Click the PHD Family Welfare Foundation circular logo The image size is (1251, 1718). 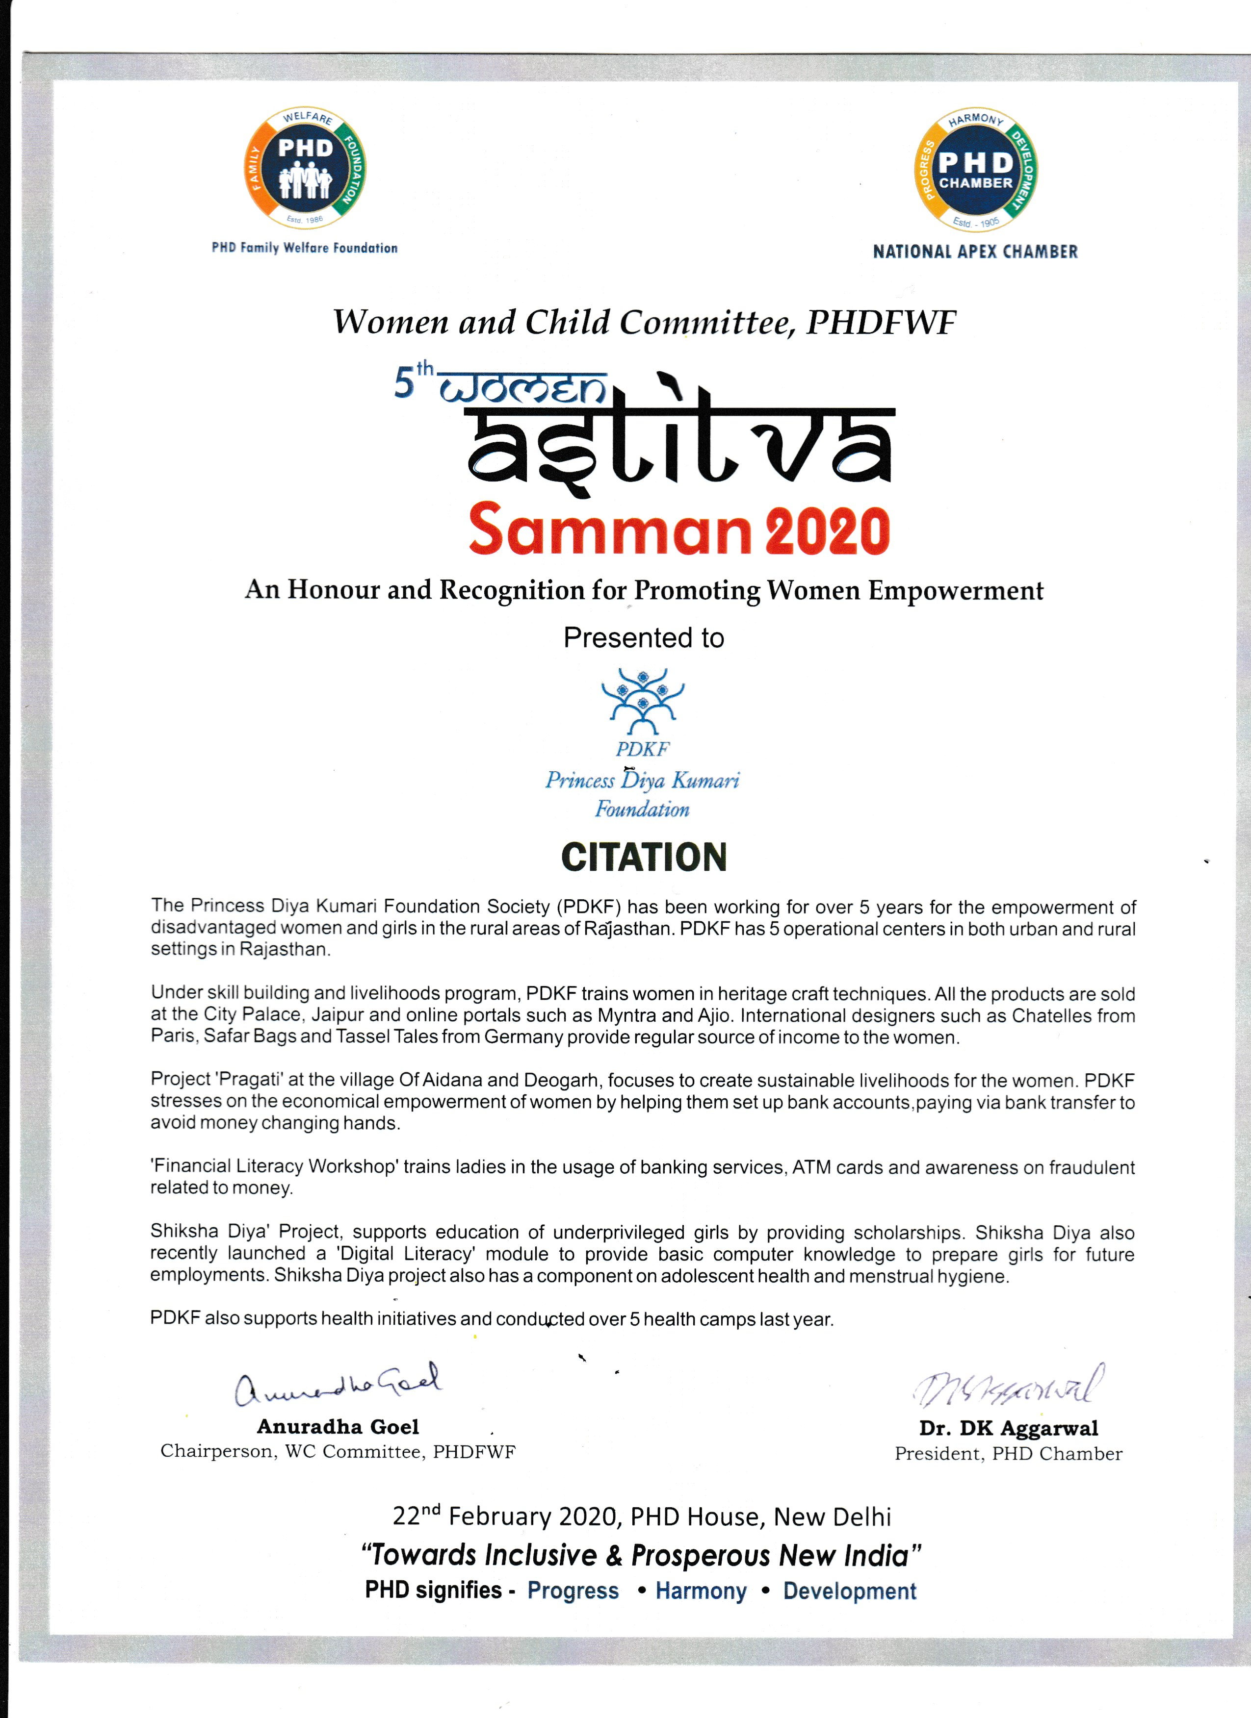[x=305, y=168]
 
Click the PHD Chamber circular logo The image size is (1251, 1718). [x=975, y=170]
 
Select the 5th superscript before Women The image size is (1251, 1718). [x=414, y=381]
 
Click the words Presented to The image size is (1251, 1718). [x=643, y=638]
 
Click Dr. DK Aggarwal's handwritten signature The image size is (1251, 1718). [x=1008, y=1386]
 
